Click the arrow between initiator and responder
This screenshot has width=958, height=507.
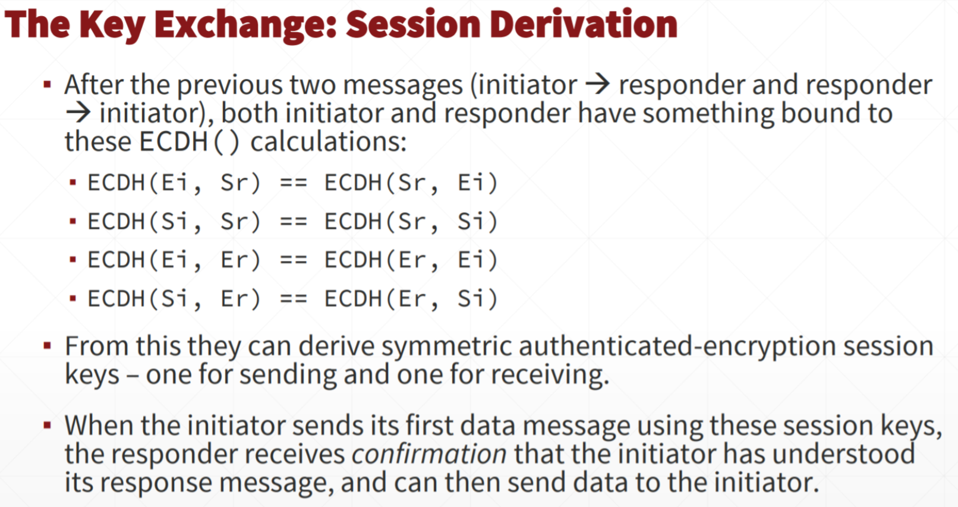(597, 84)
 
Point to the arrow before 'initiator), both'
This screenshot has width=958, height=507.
(78, 113)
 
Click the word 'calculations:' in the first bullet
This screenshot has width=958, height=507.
(329, 141)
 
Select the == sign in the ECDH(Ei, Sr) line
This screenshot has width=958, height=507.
(294, 183)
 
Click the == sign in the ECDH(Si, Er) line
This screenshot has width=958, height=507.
(294, 298)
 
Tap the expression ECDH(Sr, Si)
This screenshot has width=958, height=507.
(411, 222)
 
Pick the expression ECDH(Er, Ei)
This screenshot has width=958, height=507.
(411, 260)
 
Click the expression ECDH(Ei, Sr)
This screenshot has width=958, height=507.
(174, 183)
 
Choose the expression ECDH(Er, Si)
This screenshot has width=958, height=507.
(411, 298)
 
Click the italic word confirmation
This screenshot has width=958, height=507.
(429, 454)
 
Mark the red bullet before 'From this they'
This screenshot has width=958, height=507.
(48, 345)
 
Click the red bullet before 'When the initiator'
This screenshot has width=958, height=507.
(48, 426)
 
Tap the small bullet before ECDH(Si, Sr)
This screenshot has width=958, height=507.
(73, 222)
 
